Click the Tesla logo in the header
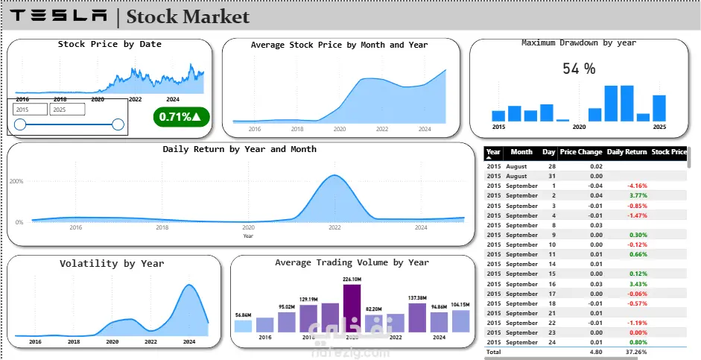click(x=60, y=16)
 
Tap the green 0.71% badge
click(x=181, y=116)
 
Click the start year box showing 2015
click(x=30, y=109)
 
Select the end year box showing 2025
click(x=66, y=109)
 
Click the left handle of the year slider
click(x=20, y=124)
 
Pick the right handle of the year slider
click(x=118, y=124)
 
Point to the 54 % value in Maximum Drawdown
click(x=579, y=69)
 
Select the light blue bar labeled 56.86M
click(x=243, y=326)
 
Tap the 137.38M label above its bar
click(x=417, y=297)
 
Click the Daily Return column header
click(x=627, y=152)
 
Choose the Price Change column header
click(x=580, y=152)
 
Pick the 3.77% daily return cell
click(x=637, y=195)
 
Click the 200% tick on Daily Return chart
click(x=16, y=181)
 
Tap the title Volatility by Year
click(x=112, y=263)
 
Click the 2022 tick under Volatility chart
click(x=150, y=341)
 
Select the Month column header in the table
click(x=521, y=152)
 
